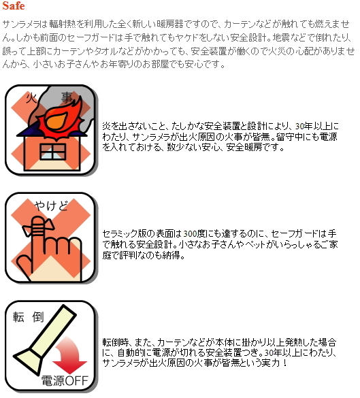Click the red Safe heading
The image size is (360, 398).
(x=14, y=6)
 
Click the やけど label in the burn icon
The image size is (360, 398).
(x=52, y=205)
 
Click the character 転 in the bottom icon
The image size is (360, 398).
(x=19, y=317)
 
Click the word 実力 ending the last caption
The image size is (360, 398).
(x=272, y=363)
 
